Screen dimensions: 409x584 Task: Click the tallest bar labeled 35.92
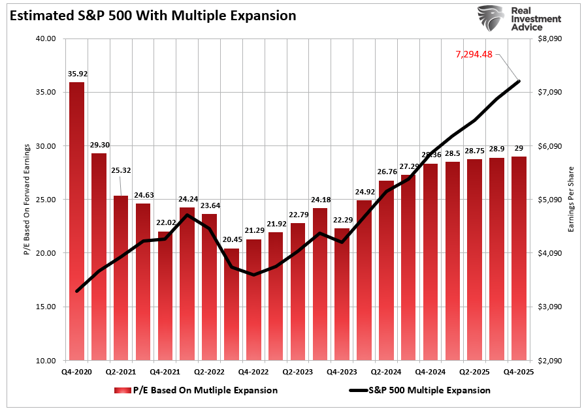tap(77, 222)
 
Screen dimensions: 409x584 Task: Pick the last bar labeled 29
tap(519, 258)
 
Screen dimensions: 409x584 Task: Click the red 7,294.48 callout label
tap(474, 54)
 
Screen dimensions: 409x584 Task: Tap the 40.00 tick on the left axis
tap(46, 38)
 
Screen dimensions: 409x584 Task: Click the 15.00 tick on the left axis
tap(46, 307)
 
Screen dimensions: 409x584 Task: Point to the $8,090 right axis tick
tap(549, 38)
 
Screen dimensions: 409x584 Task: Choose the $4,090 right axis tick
tap(549, 253)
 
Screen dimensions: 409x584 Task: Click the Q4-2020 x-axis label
tap(77, 371)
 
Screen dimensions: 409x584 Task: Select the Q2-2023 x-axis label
tap(298, 371)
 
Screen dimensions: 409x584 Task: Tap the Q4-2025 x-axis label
tap(519, 371)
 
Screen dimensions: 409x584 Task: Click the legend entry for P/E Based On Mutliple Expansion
tap(196, 390)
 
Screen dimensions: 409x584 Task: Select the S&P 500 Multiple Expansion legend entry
tap(424, 390)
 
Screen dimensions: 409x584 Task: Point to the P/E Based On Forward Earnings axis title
tap(27, 199)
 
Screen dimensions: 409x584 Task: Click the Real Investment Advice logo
tap(519, 19)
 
